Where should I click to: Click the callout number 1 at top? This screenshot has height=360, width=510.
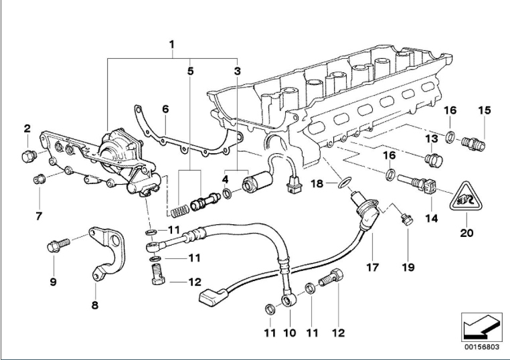(x=172, y=45)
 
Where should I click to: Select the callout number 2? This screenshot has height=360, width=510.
(x=27, y=128)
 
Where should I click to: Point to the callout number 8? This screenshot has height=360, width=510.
(x=94, y=305)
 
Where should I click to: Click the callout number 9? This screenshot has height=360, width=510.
(x=52, y=282)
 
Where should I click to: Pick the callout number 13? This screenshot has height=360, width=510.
(x=432, y=139)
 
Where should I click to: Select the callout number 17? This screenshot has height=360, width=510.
(x=373, y=267)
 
